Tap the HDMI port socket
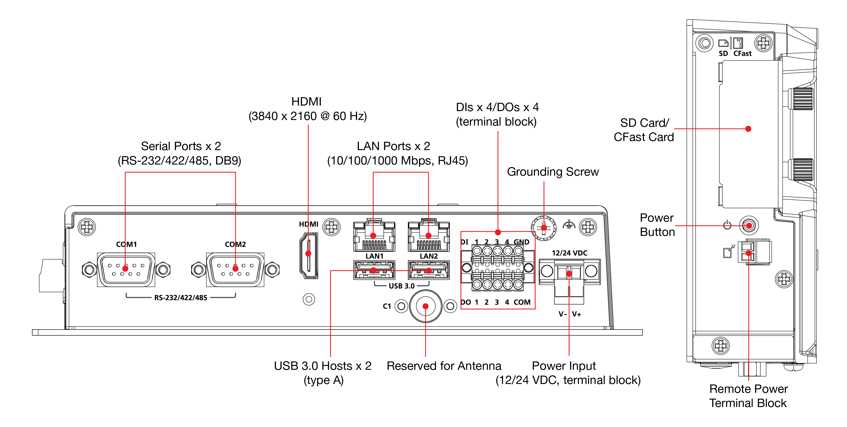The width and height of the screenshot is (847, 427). (x=308, y=255)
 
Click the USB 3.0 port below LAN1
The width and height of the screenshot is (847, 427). (x=374, y=270)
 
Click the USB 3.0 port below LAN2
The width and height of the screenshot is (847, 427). (x=429, y=270)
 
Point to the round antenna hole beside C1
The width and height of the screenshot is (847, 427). (x=425, y=306)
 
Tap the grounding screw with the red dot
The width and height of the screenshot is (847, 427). (x=544, y=227)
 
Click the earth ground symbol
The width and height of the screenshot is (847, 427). (x=569, y=225)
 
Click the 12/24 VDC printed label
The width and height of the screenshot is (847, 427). (x=570, y=253)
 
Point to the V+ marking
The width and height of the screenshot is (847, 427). (x=576, y=314)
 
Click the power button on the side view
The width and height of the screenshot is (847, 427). (x=749, y=226)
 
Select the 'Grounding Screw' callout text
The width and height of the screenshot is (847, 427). (x=553, y=172)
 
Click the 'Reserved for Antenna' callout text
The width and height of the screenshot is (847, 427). (x=444, y=366)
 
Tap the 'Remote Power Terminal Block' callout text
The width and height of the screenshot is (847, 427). (x=748, y=396)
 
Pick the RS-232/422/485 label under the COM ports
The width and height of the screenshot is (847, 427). (x=181, y=298)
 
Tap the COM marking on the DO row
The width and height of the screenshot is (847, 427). (x=522, y=302)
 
